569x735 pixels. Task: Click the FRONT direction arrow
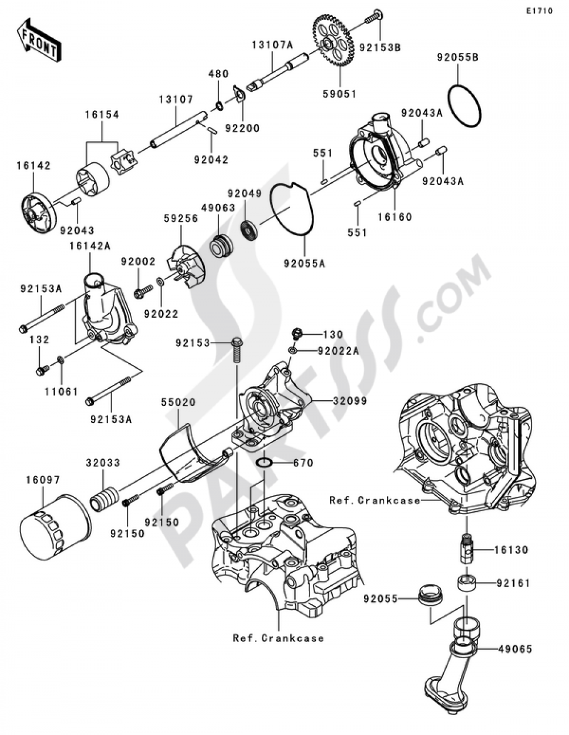click(x=39, y=40)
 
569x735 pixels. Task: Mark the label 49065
click(x=515, y=648)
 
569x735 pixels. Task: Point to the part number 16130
click(x=511, y=550)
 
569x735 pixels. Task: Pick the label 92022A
click(x=339, y=351)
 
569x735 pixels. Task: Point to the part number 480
click(x=218, y=74)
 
